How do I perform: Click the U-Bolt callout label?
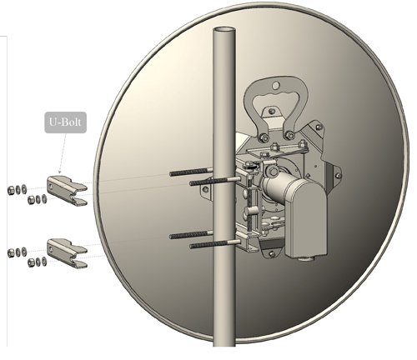click(66, 122)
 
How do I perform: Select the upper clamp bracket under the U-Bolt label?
click(67, 191)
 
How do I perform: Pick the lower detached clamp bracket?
click(67, 253)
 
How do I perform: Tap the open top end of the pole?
click(224, 30)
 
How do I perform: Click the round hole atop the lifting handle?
click(275, 86)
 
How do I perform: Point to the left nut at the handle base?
click(264, 137)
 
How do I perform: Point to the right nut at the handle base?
click(290, 136)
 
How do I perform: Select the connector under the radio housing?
click(306, 258)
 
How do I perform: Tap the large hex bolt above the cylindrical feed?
click(274, 172)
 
